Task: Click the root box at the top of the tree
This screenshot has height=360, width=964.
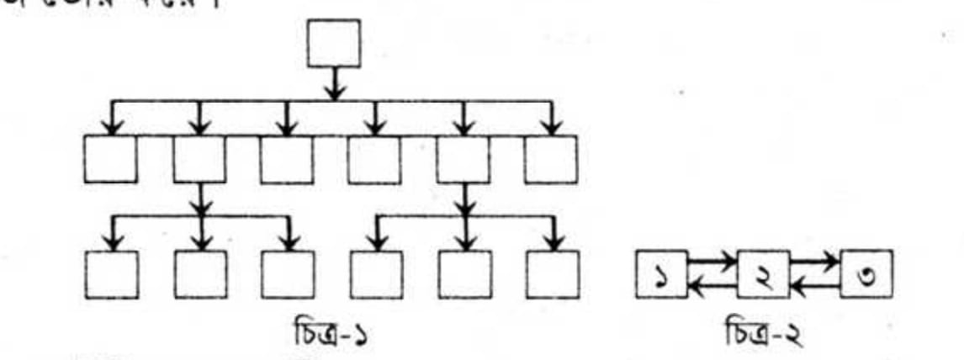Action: (334, 42)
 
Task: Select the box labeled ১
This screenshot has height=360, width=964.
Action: (662, 274)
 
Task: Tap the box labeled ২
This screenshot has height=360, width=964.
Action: (763, 274)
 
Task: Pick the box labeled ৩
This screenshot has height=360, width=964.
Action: (865, 274)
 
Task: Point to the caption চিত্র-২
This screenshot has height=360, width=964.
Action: (761, 336)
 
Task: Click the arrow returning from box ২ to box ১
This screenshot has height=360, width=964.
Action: (712, 289)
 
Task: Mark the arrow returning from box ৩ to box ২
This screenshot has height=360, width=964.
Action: (814, 289)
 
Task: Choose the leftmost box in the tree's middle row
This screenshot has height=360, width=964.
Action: (110, 158)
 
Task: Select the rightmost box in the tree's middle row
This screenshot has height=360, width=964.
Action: (551, 158)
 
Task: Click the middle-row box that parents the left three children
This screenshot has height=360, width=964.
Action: (199, 158)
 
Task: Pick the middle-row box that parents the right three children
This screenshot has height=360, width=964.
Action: (463, 158)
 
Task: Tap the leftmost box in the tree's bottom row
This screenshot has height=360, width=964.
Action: (111, 274)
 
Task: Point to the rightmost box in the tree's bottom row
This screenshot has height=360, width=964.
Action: (553, 274)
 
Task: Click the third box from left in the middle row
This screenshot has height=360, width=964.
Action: (287, 158)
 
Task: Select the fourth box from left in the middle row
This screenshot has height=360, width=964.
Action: (374, 158)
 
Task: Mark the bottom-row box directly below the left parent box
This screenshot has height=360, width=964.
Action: (200, 274)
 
